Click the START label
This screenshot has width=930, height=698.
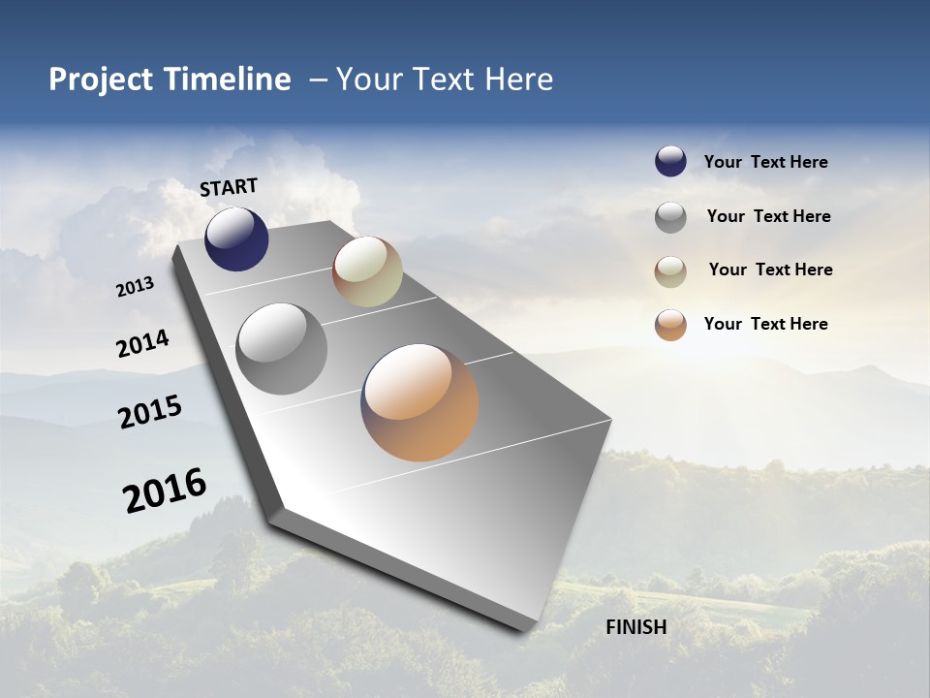pyautogui.click(x=229, y=187)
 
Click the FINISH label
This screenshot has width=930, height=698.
pyautogui.click(x=635, y=627)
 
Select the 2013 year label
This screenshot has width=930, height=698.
pyautogui.click(x=136, y=287)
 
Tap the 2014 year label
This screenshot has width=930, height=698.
pyautogui.click(x=143, y=344)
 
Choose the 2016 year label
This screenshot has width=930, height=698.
pyautogui.click(x=165, y=491)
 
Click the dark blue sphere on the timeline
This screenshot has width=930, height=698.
pyautogui.click(x=236, y=239)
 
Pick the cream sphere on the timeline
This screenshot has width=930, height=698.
pyautogui.click(x=367, y=271)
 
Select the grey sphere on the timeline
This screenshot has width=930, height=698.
pyautogui.click(x=282, y=349)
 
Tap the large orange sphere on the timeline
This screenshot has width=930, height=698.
pyautogui.click(x=419, y=402)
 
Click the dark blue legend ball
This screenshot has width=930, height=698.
pyautogui.click(x=670, y=162)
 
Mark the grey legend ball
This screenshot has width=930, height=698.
pyautogui.click(x=670, y=217)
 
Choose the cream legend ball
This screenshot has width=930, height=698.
pyautogui.click(x=670, y=271)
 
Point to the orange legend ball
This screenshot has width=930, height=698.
pyautogui.click(x=670, y=325)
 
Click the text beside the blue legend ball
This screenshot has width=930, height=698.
pyautogui.click(x=765, y=163)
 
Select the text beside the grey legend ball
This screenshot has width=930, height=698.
pyautogui.click(x=768, y=216)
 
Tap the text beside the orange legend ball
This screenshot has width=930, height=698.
pyautogui.click(x=765, y=324)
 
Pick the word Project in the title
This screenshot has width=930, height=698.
pyautogui.click(x=98, y=79)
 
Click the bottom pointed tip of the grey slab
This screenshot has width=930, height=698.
pyautogui.click(x=527, y=630)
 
